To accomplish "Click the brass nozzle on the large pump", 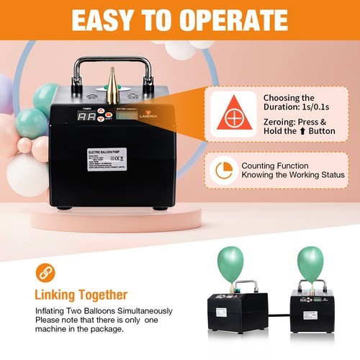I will click(112, 84).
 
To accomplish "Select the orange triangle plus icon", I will click(233, 113).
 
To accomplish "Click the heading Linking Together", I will click(81, 294).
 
